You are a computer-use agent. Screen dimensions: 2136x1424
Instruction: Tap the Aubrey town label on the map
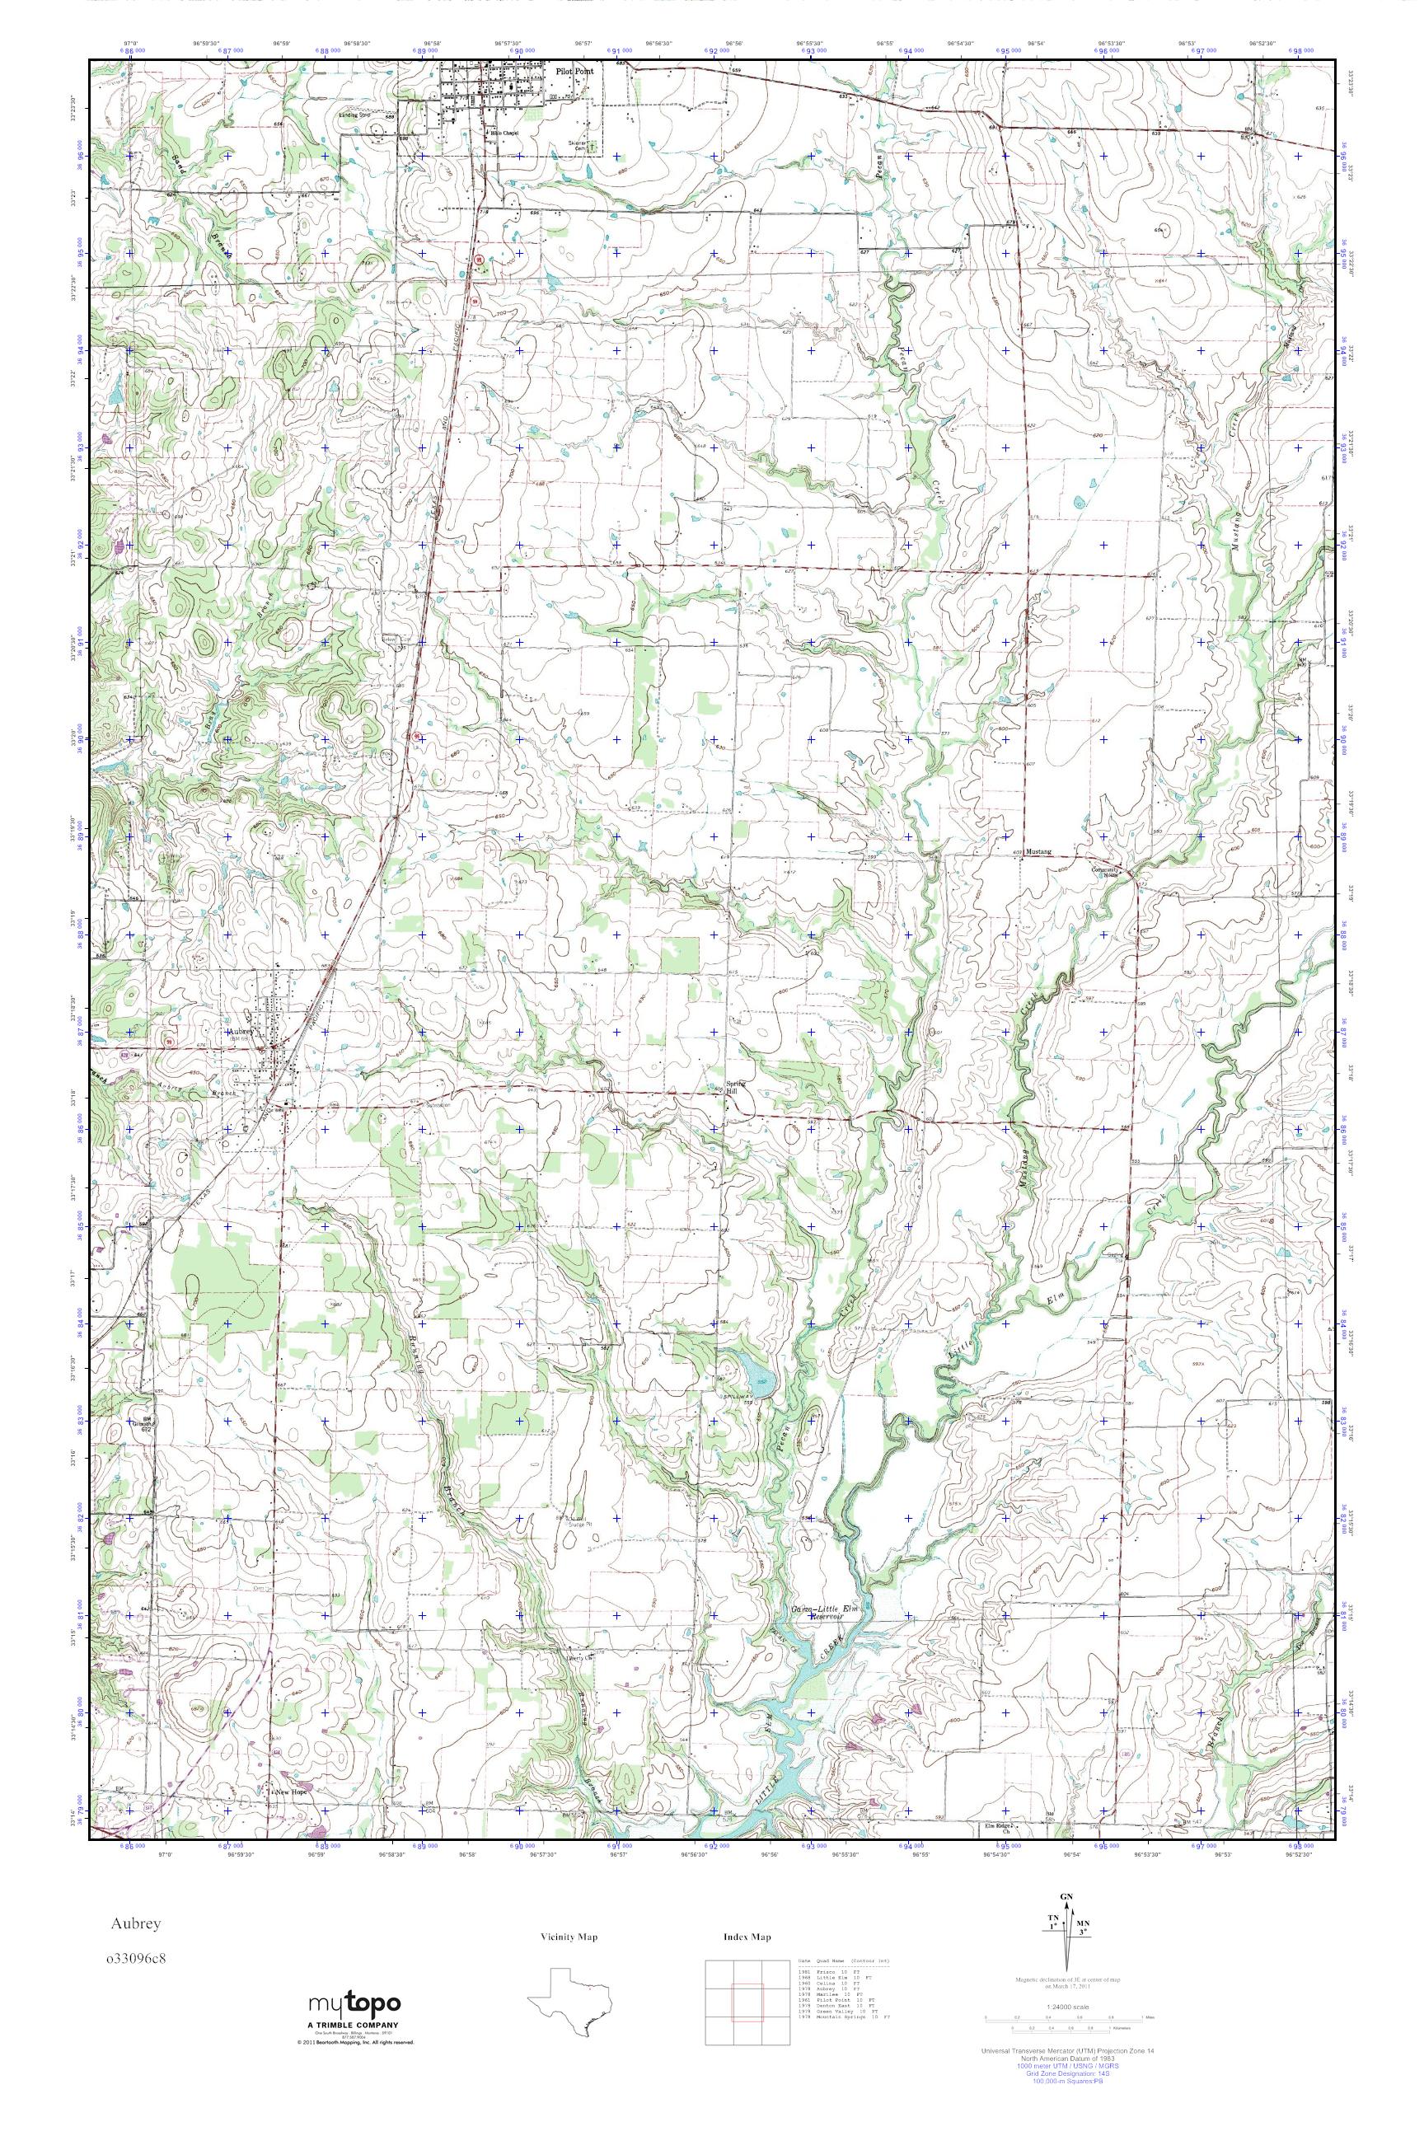(239, 1032)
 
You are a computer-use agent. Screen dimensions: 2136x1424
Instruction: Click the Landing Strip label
(354, 115)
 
